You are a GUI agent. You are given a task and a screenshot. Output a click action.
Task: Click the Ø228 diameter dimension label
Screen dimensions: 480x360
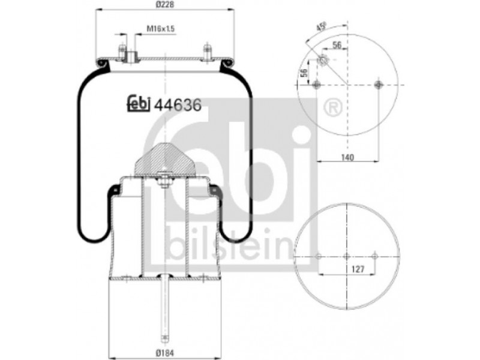tap(165, 5)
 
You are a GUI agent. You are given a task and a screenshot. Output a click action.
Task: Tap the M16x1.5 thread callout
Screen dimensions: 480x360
tap(160, 29)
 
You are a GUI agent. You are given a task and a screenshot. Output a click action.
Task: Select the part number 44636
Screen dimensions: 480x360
tap(178, 106)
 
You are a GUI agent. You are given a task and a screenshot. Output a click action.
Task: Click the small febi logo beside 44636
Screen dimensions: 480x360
tap(139, 104)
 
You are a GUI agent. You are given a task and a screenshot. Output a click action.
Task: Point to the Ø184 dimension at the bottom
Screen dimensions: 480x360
tap(165, 352)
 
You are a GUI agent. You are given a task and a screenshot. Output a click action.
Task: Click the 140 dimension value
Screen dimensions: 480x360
tap(347, 157)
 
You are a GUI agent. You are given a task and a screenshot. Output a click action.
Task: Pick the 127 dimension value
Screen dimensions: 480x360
tap(358, 269)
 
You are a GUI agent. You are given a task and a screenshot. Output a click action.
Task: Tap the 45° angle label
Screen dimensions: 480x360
tap(321, 27)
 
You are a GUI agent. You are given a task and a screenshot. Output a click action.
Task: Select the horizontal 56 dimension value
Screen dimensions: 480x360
tap(337, 45)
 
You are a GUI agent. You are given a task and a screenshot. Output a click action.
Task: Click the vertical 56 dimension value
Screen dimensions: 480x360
tap(304, 73)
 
